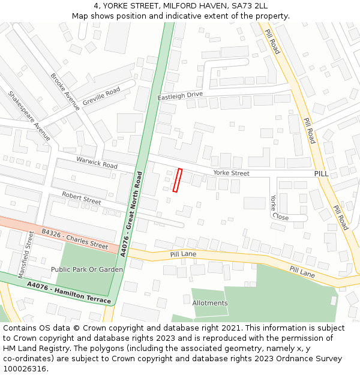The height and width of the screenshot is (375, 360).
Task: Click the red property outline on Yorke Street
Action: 178,180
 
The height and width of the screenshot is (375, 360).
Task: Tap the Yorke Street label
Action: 231,173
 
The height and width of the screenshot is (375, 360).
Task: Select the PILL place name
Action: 322,173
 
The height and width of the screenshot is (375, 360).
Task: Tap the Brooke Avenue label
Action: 65,92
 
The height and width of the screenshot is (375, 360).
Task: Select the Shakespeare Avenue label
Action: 29,116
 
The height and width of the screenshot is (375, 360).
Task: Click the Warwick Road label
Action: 97,162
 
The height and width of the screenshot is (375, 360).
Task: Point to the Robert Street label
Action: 82,198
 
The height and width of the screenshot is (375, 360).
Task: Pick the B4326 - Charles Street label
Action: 74,238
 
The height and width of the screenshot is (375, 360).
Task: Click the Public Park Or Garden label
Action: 87,269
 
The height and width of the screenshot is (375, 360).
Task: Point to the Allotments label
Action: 210,303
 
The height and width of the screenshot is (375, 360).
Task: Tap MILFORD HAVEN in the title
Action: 188,5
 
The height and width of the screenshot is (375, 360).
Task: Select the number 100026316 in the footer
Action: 25,368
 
